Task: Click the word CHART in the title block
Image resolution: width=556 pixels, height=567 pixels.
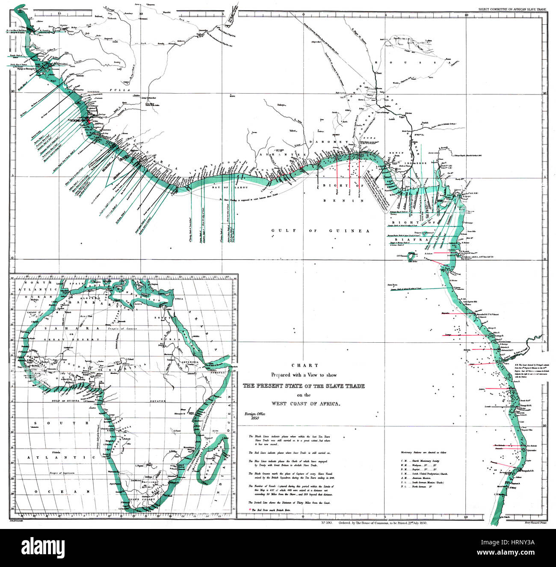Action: click(x=305, y=365)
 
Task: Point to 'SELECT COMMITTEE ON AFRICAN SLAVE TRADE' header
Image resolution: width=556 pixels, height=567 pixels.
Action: click(x=512, y=9)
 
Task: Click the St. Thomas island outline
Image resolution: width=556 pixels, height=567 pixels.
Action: click(x=412, y=257)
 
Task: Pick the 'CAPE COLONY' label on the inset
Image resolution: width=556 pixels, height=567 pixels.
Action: click(x=141, y=499)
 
